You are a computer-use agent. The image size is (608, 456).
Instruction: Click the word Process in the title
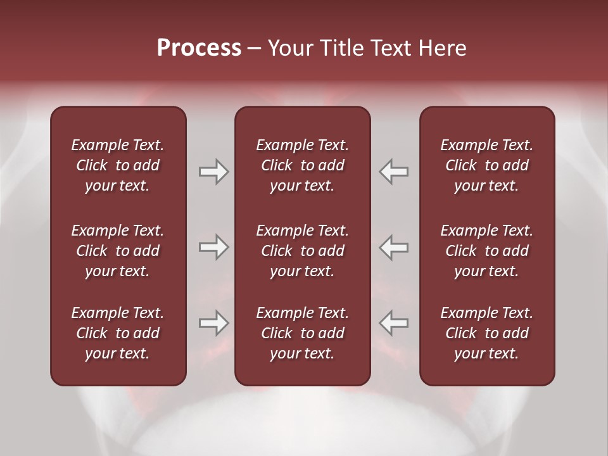(x=199, y=48)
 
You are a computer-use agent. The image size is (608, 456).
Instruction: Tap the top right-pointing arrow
(x=213, y=172)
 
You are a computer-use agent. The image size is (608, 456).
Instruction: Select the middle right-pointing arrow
(x=213, y=247)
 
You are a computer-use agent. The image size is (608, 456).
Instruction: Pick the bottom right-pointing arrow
(x=213, y=323)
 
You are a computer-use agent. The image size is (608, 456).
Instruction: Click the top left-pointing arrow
(x=394, y=172)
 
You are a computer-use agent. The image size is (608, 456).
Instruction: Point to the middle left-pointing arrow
(x=394, y=247)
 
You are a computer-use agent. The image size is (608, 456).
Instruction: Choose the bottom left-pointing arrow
(x=394, y=323)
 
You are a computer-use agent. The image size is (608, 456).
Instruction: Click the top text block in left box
(x=118, y=165)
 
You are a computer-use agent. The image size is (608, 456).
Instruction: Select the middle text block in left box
(x=118, y=251)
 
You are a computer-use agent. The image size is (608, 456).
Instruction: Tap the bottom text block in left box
(x=118, y=333)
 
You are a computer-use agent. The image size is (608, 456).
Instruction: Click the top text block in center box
(x=303, y=165)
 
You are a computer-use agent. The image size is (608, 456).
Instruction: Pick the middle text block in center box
(x=303, y=251)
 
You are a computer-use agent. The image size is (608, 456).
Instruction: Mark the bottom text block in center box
(x=303, y=333)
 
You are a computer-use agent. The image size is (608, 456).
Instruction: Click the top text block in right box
(x=487, y=165)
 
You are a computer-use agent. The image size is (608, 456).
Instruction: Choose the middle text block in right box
(x=487, y=251)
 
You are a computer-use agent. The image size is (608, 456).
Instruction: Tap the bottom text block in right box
(x=487, y=333)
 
